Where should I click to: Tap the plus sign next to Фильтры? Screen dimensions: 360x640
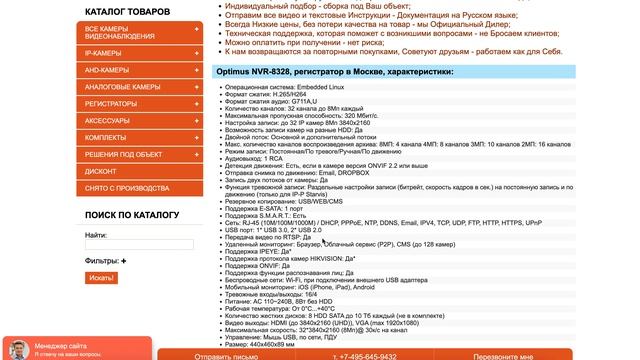pos(124,261)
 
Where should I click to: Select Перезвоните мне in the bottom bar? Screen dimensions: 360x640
pos(505,355)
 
